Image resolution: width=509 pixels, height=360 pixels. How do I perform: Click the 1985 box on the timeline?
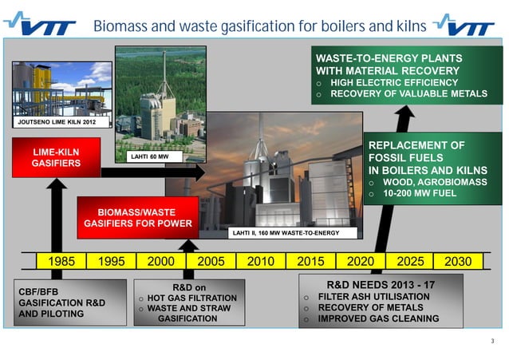click(x=62, y=262)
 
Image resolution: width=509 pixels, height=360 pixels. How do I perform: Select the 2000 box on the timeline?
click(x=161, y=262)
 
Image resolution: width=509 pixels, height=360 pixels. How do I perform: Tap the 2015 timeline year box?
click(x=310, y=262)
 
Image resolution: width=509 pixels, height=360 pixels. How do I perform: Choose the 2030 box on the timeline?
click(x=458, y=262)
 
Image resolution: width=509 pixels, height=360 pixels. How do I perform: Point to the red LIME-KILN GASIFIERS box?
click(x=56, y=157)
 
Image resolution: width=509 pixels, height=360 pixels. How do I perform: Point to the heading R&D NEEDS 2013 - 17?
click(x=381, y=283)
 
